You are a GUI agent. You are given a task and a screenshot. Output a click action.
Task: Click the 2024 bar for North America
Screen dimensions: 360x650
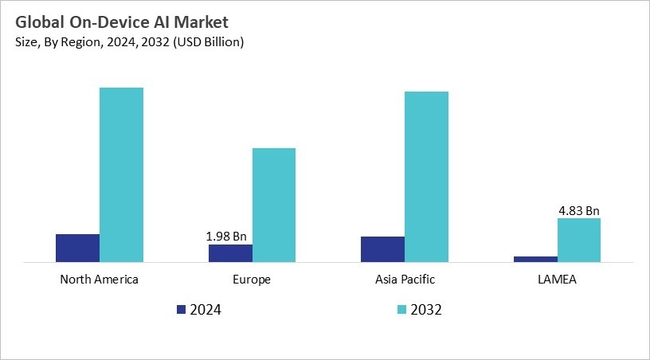(77, 248)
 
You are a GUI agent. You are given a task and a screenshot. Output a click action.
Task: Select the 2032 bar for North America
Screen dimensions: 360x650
(121, 174)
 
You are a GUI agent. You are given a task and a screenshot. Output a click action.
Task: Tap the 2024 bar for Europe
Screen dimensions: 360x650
(230, 252)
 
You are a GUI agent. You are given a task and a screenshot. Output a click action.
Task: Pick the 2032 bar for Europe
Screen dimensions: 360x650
(274, 205)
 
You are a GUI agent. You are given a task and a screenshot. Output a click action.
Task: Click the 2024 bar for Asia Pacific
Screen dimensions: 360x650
(382, 248)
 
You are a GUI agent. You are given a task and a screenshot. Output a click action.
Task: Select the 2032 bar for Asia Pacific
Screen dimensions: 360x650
(426, 176)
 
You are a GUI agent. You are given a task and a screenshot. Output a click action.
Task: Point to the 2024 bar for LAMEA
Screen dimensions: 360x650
(535, 259)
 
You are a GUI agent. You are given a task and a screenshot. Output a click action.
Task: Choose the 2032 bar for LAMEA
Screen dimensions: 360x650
(578, 240)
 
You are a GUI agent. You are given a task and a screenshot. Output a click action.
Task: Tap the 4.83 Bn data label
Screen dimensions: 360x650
(578, 211)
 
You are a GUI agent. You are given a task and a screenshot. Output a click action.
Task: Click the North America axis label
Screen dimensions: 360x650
(100, 280)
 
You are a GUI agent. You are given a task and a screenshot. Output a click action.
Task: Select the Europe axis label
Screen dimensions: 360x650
(253, 280)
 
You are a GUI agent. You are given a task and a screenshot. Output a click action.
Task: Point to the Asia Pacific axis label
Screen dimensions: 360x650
(405, 280)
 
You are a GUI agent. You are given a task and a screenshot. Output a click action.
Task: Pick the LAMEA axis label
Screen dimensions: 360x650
(557, 280)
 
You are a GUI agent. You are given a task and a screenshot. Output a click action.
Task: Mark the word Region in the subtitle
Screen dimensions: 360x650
(75, 41)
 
